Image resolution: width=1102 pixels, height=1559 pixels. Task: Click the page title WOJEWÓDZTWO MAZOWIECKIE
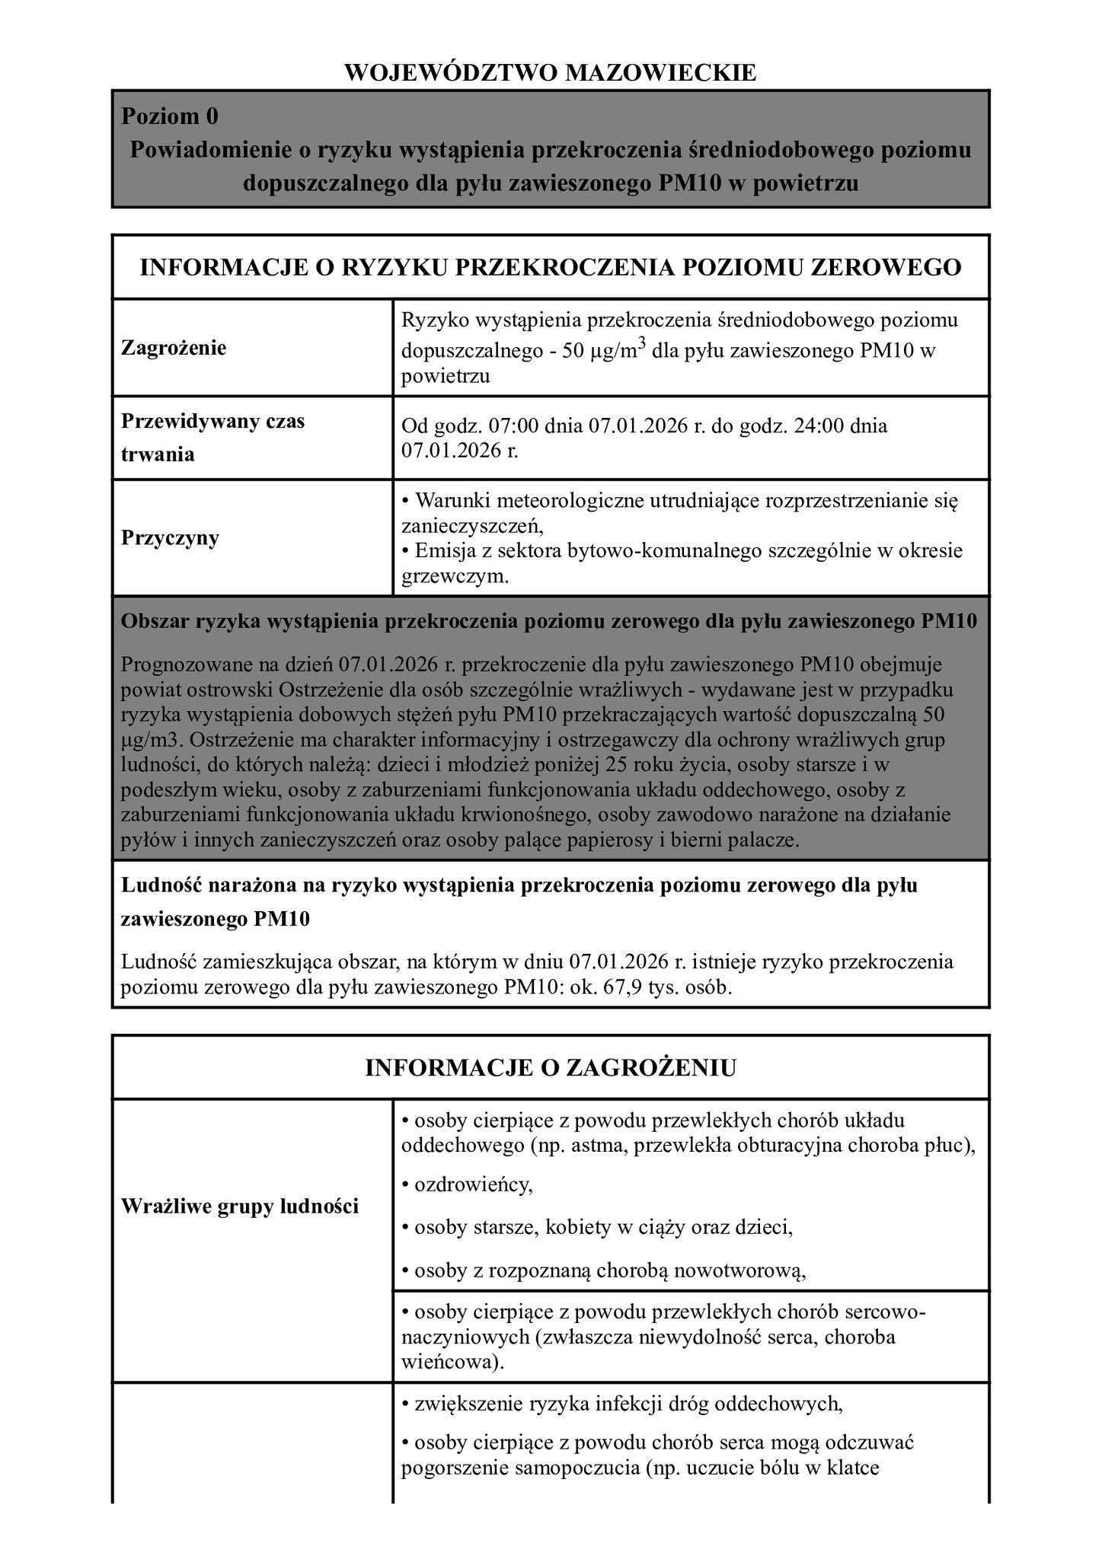click(551, 72)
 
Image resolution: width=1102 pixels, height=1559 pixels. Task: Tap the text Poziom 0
click(170, 116)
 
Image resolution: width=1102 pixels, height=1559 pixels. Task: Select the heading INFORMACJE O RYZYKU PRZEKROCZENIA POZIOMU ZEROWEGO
click(551, 267)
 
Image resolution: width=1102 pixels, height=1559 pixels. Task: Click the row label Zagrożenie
click(174, 349)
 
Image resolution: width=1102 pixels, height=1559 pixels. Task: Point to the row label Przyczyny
click(171, 537)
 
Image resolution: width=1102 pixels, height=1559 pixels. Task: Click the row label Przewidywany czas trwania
click(213, 438)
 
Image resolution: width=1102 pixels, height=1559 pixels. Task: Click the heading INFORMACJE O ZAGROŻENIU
click(551, 1067)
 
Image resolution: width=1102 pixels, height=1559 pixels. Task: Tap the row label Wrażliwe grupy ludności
click(240, 1207)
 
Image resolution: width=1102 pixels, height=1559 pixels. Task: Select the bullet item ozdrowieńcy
click(473, 1184)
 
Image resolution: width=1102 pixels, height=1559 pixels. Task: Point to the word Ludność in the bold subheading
click(158, 885)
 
